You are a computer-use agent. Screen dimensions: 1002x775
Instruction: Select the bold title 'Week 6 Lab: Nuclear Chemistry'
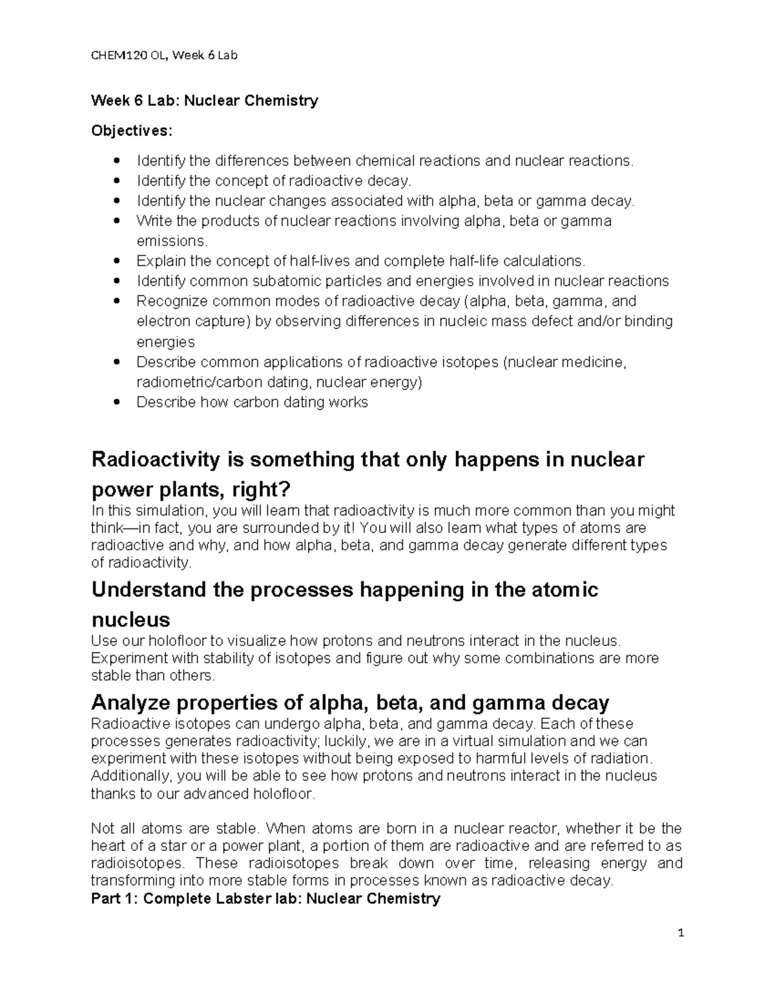[205, 101]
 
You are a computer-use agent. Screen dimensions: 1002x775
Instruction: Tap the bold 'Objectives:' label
[132, 131]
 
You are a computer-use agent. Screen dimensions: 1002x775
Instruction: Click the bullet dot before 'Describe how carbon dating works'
[116, 403]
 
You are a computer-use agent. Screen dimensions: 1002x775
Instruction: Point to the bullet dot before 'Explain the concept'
[116, 261]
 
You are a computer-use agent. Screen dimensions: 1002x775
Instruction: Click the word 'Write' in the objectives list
[154, 221]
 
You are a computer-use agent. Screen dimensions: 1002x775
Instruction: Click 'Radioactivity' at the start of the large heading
[168, 459]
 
